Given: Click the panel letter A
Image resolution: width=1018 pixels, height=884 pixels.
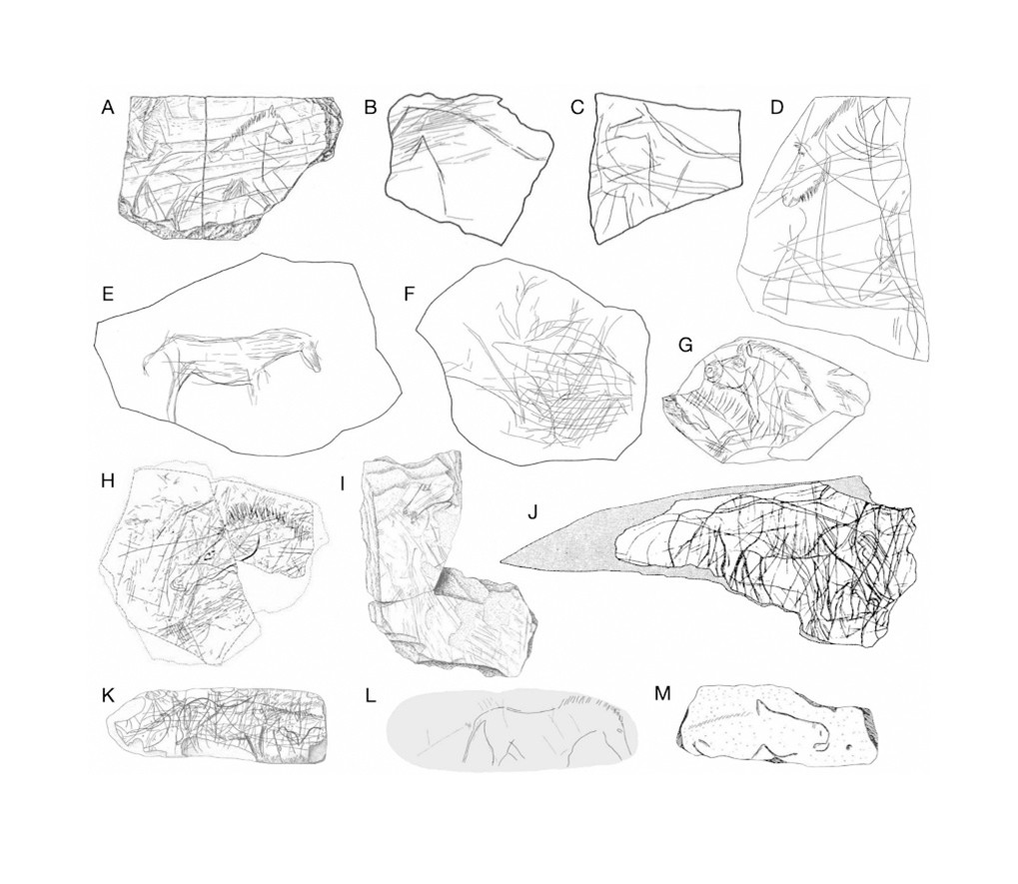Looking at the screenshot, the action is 108,107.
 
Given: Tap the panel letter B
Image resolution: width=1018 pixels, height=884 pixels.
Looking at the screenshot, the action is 370,107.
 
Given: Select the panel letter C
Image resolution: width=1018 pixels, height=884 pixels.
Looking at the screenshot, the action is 577,107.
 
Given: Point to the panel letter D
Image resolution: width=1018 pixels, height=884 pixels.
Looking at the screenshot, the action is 777,107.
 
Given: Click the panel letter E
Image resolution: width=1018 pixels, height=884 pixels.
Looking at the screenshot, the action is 108,294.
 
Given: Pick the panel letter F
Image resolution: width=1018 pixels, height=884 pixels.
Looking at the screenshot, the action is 409,294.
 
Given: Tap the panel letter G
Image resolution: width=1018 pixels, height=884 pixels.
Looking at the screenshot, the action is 685,345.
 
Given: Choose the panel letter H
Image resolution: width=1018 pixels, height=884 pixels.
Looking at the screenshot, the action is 108,480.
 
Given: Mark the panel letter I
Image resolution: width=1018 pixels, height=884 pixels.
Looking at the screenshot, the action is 344,484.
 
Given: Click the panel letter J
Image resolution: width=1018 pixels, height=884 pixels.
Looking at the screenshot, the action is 532,512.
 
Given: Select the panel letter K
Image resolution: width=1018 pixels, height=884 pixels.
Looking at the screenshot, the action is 108,695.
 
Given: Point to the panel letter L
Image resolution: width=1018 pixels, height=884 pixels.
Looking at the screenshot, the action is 370,695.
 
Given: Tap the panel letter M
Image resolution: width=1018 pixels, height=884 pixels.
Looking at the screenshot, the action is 662,694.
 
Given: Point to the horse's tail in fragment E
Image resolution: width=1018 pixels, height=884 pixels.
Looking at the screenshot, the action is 149,361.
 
